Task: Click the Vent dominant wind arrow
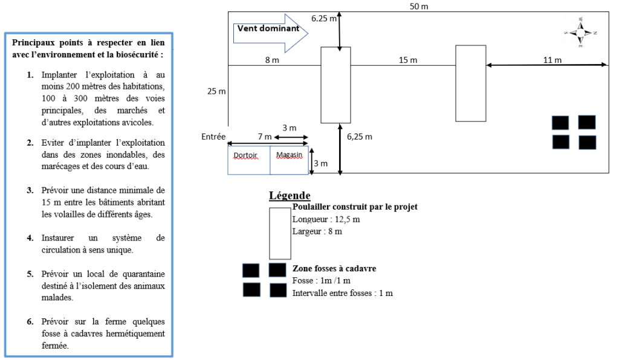pos(270,33)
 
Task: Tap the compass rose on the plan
pos(580,33)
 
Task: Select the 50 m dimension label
pos(419,6)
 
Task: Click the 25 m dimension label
pos(216,91)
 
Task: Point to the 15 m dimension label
pos(408,60)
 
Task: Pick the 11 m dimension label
pos(553,60)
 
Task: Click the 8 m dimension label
pos(272,60)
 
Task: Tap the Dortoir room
pos(249,160)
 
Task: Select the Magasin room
pos(290,160)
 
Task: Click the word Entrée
pos(213,137)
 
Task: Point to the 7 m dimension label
pos(265,137)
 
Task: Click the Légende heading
pos(290,196)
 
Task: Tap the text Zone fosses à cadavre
pos(334,269)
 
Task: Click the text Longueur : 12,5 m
pos(326,219)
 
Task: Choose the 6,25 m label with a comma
pos(360,137)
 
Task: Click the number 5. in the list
pos(30,274)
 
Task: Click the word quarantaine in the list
pos(144,274)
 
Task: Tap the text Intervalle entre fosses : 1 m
pos(343,293)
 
